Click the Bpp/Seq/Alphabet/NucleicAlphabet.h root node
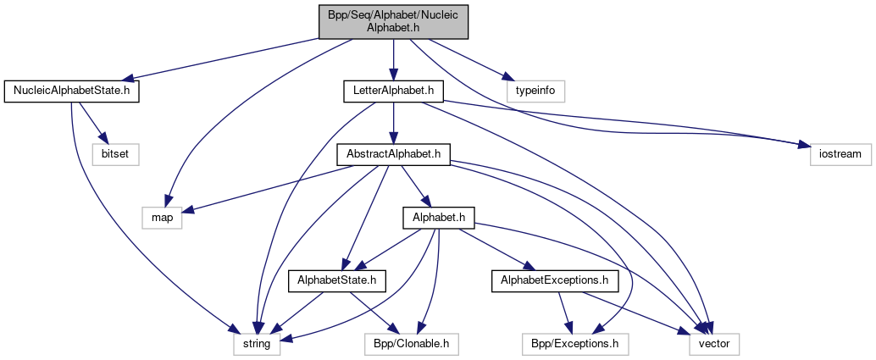(x=393, y=21)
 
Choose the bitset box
(x=114, y=154)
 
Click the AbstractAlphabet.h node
(x=393, y=154)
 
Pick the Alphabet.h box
(x=438, y=218)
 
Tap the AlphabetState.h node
(x=338, y=279)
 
